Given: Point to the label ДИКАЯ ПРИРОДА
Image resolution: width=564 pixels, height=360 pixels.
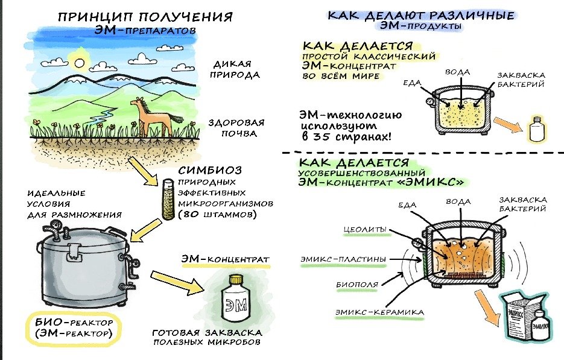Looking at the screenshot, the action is click(234, 69).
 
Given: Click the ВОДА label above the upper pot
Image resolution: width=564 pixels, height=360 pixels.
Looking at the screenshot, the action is click(458, 72).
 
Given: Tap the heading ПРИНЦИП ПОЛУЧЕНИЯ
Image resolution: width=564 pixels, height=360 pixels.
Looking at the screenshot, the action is click(145, 17).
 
